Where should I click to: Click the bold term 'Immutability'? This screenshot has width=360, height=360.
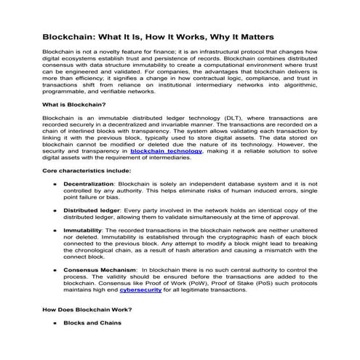(81, 249)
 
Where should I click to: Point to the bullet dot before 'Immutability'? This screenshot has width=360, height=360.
(56, 249)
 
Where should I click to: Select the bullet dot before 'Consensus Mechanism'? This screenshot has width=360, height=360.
(56, 289)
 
